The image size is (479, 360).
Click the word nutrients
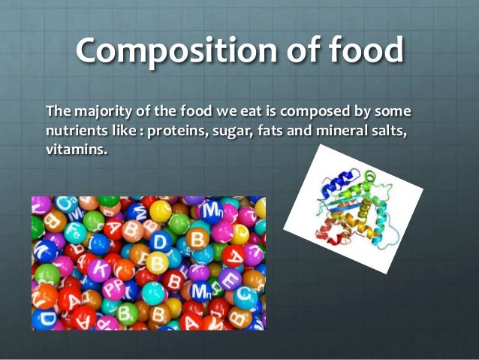pyautogui.click(x=74, y=132)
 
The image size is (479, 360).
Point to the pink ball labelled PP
pyautogui.click(x=113, y=289)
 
